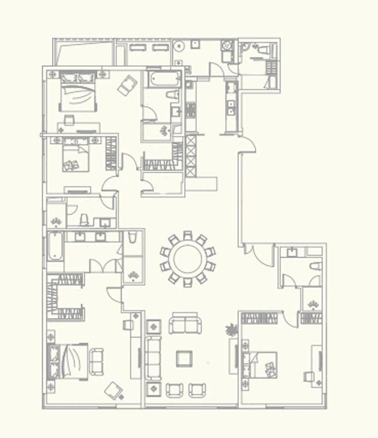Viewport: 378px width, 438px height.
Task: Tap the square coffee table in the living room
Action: (184, 359)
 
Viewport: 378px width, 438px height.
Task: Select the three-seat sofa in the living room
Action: (153, 359)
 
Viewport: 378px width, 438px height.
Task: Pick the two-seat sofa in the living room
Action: (185, 325)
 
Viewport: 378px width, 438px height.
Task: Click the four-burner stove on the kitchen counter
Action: (191, 110)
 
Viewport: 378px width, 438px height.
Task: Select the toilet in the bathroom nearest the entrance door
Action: (314, 267)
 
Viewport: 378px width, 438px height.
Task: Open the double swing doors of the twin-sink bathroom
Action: (106, 266)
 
